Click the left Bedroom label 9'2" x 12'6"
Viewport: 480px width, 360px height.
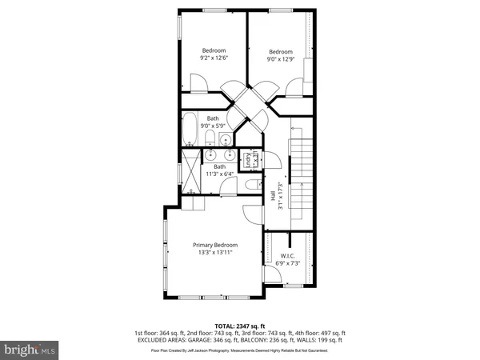pos(213,53)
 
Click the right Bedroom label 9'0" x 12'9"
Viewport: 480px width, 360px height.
pos(280,54)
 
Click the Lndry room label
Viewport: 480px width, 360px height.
pos(248,159)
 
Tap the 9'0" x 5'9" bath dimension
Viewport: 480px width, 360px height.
pos(213,126)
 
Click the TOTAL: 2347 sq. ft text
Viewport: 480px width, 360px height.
pos(239,326)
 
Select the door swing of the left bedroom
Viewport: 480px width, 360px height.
pos(198,81)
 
